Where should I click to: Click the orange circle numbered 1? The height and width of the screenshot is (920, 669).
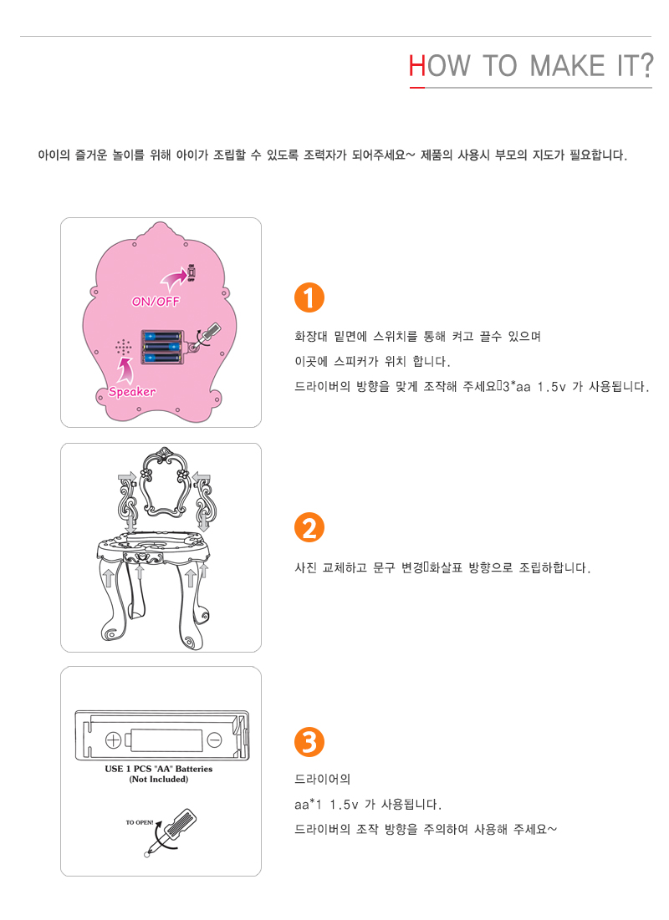pos(309,297)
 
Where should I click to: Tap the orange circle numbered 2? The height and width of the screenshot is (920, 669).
pos(309,527)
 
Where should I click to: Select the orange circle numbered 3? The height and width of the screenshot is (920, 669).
pos(309,742)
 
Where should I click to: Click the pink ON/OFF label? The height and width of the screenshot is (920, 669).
pos(156,301)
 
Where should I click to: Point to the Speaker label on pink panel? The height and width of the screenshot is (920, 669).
pos(132,391)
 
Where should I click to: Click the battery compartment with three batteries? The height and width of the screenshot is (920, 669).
pos(163,348)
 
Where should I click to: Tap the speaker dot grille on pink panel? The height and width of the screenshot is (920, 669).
pos(123,348)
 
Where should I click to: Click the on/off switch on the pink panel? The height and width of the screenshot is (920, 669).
pos(192,273)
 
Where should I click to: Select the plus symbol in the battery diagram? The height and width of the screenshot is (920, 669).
pos(114,740)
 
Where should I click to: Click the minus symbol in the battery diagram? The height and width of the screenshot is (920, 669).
pos(215,740)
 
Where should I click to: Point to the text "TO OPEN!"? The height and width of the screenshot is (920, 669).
pos(140,822)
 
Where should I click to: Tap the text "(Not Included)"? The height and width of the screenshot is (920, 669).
pos(159,779)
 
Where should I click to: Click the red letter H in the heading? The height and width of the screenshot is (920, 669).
pos(417,66)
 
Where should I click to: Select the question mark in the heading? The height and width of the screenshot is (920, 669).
pos(646,65)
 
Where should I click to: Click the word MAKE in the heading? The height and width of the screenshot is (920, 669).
pos(567,66)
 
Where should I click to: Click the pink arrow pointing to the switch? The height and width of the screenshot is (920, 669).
pos(174,279)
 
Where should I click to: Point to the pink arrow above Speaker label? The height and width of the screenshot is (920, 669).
pos(125,369)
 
